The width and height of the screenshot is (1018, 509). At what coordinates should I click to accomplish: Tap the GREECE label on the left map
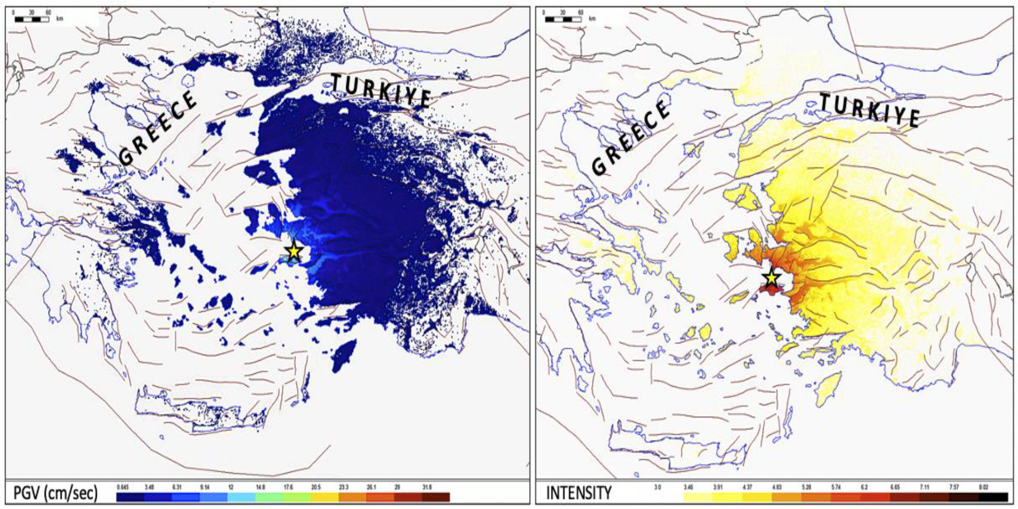click(x=158, y=128)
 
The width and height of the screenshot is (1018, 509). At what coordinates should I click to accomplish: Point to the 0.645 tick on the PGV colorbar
click(x=123, y=487)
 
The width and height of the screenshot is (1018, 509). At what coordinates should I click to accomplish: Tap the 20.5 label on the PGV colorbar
click(x=316, y=487)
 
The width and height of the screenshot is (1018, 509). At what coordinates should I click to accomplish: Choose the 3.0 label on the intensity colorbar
click(x=658, y=487)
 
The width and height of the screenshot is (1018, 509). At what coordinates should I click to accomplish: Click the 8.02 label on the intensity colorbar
click(x=984, y=487)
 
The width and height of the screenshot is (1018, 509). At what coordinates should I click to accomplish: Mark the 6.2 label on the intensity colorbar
click(x=864, y=487)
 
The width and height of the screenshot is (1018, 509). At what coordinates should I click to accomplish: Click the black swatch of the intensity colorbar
click(x=993, y=497)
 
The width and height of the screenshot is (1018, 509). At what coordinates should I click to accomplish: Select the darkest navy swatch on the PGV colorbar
click(x=130, y=497)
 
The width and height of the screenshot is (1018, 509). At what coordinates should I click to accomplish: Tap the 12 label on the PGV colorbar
click(x=231, y=487)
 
